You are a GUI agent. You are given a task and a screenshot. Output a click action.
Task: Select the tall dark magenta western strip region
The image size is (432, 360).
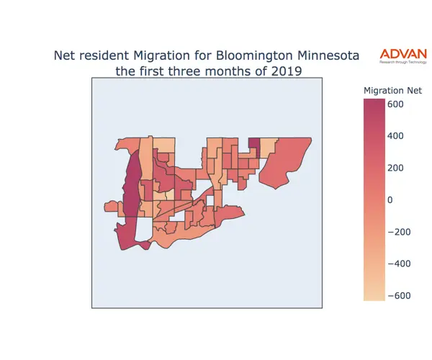click(132, 191)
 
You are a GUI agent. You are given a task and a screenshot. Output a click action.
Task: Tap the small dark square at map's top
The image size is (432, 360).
click(254, 145)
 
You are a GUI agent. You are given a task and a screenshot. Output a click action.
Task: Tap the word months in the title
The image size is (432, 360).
click(221, 72)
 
